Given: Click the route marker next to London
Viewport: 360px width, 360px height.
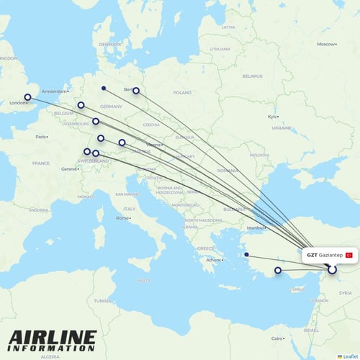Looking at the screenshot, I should coord(28,97).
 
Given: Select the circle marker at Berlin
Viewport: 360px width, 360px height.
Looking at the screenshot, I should coord(135,91).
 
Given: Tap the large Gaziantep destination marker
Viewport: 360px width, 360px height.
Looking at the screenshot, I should coord(332,270).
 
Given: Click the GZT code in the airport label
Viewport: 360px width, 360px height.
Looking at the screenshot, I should coord(312,255).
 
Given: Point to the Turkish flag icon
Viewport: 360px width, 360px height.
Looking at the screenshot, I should coord(349,255).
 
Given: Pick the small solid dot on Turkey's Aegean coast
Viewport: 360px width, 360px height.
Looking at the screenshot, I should coord(246,254).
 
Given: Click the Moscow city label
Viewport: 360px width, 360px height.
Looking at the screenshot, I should coord(326,44).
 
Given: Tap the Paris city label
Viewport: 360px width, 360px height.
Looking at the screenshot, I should coord(41,136).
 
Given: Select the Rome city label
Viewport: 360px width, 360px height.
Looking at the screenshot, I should coord(122,217).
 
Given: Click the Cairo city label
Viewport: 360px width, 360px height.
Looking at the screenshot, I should coord(276,338).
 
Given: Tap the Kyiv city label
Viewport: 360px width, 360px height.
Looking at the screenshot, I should coord(272,117).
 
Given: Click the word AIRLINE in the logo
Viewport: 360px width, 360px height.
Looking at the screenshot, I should coord(52,336).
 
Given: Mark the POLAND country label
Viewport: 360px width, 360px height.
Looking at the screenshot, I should coord(182,93).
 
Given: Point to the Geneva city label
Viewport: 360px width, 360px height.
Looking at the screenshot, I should coord(68,168).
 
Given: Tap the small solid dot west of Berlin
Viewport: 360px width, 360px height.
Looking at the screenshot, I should coord(104,89).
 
